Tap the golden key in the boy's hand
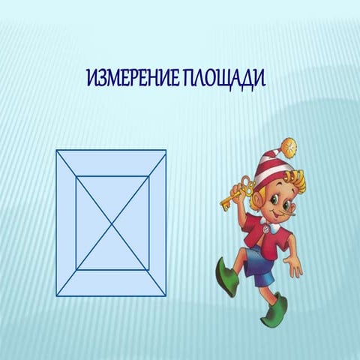[236, 193]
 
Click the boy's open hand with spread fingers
[294, 267]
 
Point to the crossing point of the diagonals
[112, 223]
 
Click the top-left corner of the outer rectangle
[56, 150]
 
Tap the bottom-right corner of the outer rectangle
[166, 296]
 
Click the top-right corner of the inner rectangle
[149, 176]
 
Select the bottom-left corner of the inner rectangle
[76, 270]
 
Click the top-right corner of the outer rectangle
[166, 150]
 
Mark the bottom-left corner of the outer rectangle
[56, 296]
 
